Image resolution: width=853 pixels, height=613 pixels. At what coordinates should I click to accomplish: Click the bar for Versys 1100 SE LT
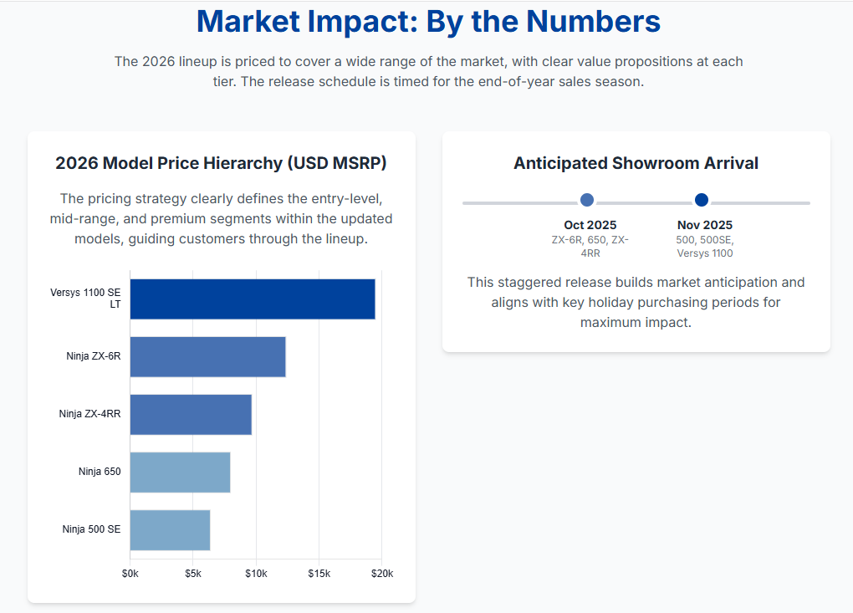[x=252, y=299]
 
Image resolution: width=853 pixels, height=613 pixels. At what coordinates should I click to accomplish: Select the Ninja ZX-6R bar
[x=207, y=357]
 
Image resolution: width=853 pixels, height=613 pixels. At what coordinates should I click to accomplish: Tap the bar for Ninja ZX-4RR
[x=191, y=414]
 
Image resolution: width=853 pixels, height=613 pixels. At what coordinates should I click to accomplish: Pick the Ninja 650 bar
[x=180, y=473]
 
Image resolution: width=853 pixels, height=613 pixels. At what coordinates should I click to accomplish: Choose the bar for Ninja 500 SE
[x=170, y=530]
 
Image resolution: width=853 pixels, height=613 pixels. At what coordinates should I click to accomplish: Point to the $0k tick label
[x=130, y=574]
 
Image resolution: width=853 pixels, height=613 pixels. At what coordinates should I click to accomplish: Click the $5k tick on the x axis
[x=193, y=574]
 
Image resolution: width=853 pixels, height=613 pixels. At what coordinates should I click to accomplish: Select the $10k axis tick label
[x=256, y=574]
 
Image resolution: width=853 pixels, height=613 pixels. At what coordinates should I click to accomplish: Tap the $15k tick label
[x=319, y=574]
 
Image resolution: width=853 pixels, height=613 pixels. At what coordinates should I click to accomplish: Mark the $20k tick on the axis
[x=382, y=574]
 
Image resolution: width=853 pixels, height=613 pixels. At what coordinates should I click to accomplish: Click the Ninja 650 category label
[x=100, y=472]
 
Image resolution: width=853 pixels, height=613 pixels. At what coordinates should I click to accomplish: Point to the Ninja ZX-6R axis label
[x=94, y=356]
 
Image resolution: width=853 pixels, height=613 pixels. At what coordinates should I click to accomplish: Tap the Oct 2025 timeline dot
[x=587, y=200]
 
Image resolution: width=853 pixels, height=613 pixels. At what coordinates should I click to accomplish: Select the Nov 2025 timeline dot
[x=702, y=200]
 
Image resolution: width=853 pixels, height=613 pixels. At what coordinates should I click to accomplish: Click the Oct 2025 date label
[x=590, y=225]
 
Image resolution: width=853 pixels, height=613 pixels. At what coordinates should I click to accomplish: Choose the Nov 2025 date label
[x=704, y=225]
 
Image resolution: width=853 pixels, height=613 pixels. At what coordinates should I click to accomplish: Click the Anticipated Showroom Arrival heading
[x=636, y=163]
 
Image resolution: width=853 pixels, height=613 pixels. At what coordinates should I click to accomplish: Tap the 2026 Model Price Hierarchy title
[x=221, y=163]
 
